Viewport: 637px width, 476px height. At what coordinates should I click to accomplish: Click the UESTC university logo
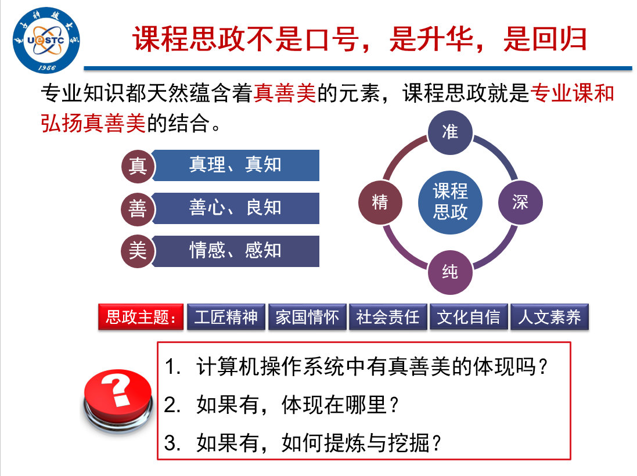[x=46, y=40]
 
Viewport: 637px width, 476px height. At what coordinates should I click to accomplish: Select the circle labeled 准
[x=450, y=132]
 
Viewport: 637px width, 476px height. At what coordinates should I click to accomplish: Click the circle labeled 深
[x=520, y=202]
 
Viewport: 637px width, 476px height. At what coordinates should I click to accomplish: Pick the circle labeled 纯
[x=450, y=272]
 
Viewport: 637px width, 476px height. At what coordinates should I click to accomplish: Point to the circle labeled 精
[x=380, y=202]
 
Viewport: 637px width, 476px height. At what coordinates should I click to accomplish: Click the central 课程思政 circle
[x=450, y=202]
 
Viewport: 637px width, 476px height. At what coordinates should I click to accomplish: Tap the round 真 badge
[x=138, y=165]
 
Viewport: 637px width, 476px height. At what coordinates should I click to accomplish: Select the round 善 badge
[x=138, y=208]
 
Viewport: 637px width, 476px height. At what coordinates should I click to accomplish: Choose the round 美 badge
[x=138, y=251]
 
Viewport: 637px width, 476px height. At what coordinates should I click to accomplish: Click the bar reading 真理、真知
[x=236, y=165]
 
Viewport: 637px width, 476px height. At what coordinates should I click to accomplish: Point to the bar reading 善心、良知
[x=236, y=208]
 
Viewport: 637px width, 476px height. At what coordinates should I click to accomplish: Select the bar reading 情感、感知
[x=236, y=251]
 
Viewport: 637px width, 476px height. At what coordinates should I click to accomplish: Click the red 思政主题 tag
[x=141, y=318]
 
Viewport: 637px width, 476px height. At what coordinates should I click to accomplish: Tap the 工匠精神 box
[x=226, y=318]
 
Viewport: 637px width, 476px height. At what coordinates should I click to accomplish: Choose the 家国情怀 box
[x=307, y=318]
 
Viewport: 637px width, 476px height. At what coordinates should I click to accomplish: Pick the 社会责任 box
[x=388, y=318]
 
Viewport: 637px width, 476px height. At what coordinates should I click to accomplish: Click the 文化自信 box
[x=469, y=318]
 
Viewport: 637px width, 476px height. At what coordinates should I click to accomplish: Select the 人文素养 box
[x=549, y=318]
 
